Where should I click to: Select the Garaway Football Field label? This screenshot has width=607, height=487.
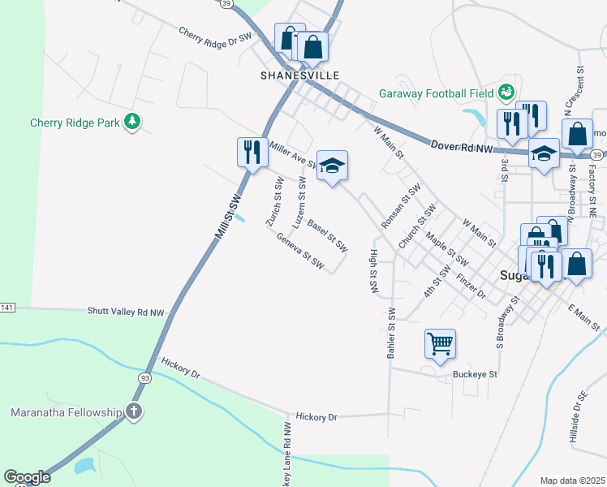[436, 93]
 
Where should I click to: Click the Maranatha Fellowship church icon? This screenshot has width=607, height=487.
[135, 412]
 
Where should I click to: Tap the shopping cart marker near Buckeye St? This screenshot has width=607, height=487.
[440, 343]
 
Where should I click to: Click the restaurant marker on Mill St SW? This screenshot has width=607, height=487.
[252, 152]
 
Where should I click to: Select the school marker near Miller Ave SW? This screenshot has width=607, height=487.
[331, 166]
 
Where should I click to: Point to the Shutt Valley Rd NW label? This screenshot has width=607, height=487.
[126, 311]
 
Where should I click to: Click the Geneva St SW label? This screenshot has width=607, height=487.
[300, 252]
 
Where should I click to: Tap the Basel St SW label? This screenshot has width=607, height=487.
[327, 232]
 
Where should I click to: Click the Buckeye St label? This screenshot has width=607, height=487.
[475, 375]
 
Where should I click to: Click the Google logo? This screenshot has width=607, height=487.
[27, 477]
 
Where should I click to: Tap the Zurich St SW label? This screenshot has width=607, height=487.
[273, 202]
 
